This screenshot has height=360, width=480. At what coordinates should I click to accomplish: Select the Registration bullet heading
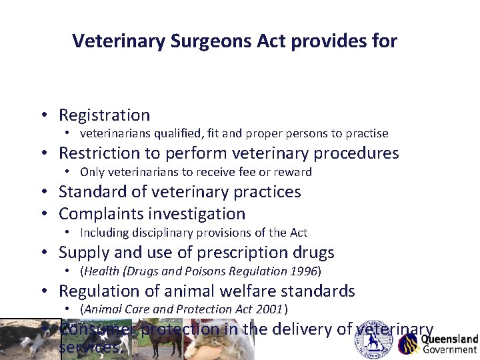(x=104, y=115)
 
